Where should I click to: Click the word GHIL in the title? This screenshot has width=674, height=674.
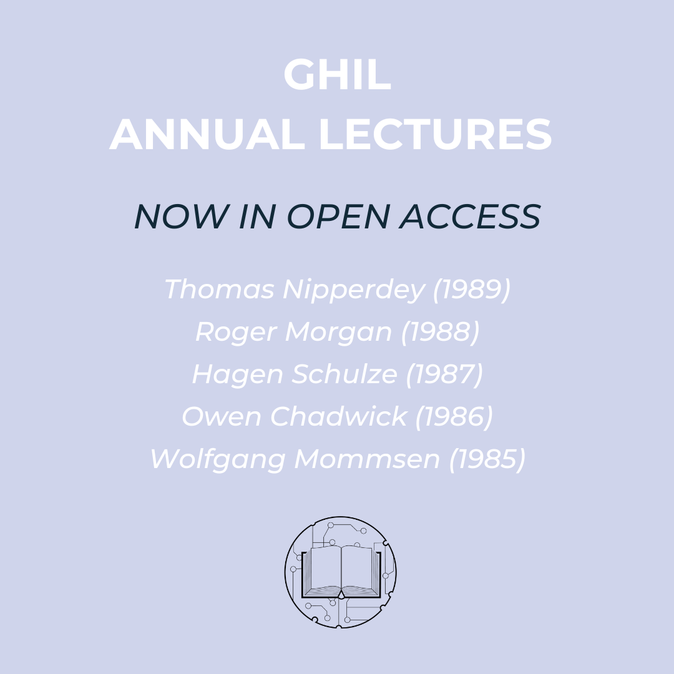coord(337,74)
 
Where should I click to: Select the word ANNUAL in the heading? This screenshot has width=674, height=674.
coord(207,135)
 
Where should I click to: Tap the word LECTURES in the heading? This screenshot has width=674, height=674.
coord(435,135)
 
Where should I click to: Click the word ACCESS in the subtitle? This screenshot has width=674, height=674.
coord(470,216)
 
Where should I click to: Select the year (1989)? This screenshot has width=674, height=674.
coord(472,290)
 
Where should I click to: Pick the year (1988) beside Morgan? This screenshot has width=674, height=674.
coord(440,332)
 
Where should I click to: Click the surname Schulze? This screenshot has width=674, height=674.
coord(344,374)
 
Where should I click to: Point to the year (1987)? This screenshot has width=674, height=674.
coord(444,374)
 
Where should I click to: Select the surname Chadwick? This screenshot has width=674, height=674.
coord(338,416)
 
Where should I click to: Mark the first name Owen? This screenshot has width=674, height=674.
coord(222,416)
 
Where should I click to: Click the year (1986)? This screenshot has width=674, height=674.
coord(454,416)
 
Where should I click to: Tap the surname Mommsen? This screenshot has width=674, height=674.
coord(367,459)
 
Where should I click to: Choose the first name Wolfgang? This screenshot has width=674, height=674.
coord(218,459)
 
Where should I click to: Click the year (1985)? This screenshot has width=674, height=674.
coord(487,459)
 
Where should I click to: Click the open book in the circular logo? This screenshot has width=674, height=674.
coord(341,572)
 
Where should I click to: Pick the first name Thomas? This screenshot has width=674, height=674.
coord(219,289)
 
